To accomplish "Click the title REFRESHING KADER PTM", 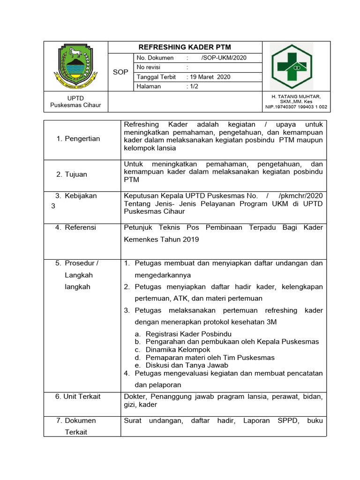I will tap(185, 47).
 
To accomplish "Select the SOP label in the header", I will tap(120, 72).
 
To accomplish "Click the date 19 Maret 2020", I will tap(210, 77).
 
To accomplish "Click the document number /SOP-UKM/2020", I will tap(224, 58).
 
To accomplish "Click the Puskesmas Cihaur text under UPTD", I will tap(76, 105).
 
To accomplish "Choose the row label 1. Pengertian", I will tap(78, 139).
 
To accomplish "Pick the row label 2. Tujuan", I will tap(72, 174).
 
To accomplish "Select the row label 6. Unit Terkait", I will tap(78, 397).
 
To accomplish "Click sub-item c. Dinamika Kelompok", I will tap(172, 350).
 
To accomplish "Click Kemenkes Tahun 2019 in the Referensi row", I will tap(161, 240).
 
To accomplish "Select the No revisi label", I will tap(149, 67).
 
